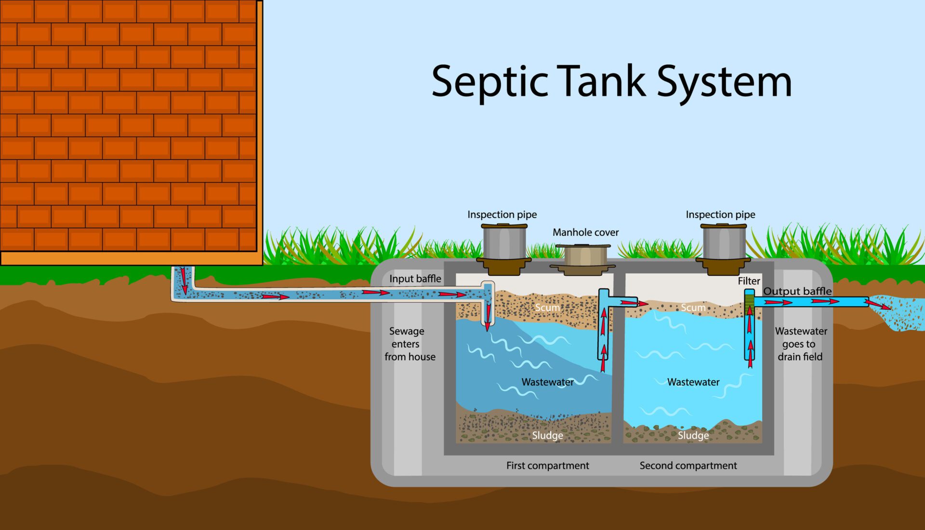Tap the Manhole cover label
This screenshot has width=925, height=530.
pyautogui.click(x=585, y=233)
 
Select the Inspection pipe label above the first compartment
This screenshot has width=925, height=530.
pyautogui.click(x=502, y=215)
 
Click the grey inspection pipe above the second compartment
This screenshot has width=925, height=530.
pyautogui.click(x=723, y=243)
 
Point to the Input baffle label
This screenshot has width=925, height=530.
pyautogui.click(x=415, y=279)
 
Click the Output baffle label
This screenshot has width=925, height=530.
pyautogui.click(x=797, y=291)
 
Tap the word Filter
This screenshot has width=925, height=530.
pyautogui.click(x=749, y=281)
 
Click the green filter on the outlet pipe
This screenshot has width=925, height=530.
pyautogui.click(x=749, y=303)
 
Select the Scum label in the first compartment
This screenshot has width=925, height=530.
pyautogui.click(x=547, y=308)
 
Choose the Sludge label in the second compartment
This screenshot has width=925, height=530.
pyautogui.click(x=693, y=436)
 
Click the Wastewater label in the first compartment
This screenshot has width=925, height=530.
pyautogui.click(x=547, y=382)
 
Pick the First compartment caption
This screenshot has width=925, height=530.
pyautogui.click(x=547, y=465)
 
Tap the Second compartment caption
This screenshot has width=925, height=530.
pyautogui.click(x=688, y=465)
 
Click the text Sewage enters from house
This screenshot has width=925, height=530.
pyautogui.click(x=409, y=344)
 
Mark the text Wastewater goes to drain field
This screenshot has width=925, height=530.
pyautogui.click(x=801, y=344)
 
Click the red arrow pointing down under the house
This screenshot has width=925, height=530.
pyautogui.click(x=184, y=282)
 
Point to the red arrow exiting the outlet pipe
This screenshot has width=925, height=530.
pyautogui.click(x=878, y=305)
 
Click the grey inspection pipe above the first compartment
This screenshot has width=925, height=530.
pyautogui.click(x=504, y=243)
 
